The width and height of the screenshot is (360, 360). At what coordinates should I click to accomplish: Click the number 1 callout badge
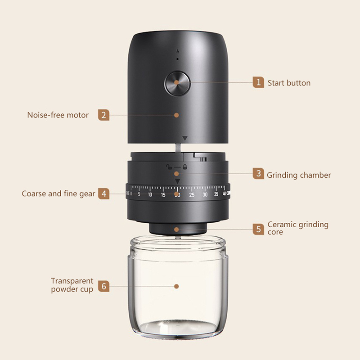pos(258,82)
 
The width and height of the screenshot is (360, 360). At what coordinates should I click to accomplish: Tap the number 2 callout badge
pos(103,115)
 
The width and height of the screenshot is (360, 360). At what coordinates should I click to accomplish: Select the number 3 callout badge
pos(258,174)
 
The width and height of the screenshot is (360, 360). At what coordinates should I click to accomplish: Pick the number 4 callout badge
pos(103,193)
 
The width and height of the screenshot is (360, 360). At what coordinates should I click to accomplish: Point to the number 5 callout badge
pos(258,229)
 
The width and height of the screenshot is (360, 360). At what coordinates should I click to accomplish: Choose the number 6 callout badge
pos(103,286)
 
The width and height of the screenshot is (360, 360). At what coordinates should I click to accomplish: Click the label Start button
pos(289,83)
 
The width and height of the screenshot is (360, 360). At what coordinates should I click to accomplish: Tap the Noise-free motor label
pos(58,115)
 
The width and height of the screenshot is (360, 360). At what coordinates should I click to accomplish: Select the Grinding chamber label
pos(299,175)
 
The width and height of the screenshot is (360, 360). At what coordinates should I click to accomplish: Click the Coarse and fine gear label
pos(58,194)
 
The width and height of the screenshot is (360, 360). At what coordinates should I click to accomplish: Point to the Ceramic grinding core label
pos(298,228)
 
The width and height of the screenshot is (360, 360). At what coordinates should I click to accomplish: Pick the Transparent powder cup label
pos(72,285)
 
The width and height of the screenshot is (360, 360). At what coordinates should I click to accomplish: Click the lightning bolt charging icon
pos(177,52)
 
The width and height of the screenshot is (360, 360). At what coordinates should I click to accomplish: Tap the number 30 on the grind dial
pos(205,195)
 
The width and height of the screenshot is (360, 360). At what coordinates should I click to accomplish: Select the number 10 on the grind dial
pos(150,195)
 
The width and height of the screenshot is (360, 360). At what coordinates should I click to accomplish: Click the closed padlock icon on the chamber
pos(185,167)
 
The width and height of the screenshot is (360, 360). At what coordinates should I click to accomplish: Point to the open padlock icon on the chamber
pos(169,166)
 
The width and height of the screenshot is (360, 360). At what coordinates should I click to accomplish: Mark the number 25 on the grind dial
pos(192,195)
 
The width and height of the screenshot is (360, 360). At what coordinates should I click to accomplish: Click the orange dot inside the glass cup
pos(176,286)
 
